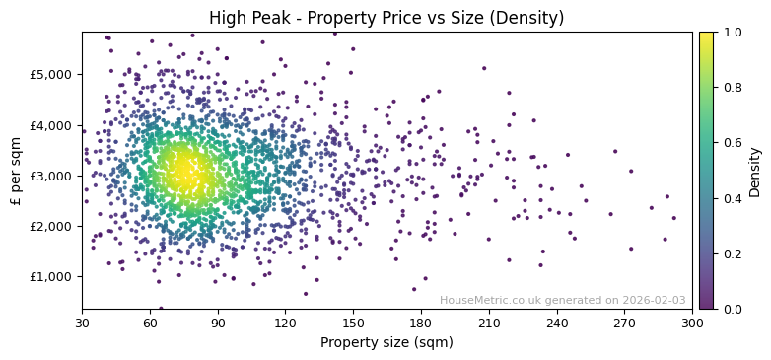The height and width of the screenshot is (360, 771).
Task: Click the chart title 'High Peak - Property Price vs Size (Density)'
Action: [x=386, y=18]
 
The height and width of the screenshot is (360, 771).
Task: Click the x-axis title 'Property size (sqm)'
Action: [x=386, y=343]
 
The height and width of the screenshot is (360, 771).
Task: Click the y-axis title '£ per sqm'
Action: [x=17, y=171]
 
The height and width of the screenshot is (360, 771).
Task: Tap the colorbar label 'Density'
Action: [x=754, y=171]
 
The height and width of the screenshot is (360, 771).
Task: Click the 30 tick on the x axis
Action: [x=82, y=322]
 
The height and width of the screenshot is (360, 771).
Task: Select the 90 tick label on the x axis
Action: [x=218, y=322]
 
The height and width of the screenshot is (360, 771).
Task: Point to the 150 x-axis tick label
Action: [x=353, y=322]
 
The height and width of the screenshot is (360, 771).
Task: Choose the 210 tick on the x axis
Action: [x=489, y=322]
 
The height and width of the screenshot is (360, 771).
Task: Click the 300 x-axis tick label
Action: [x=692, y=322]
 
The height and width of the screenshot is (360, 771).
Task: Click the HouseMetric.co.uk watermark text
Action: [x=562, y=300]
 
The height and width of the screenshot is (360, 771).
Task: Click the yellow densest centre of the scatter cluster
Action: [x=183, y=174]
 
